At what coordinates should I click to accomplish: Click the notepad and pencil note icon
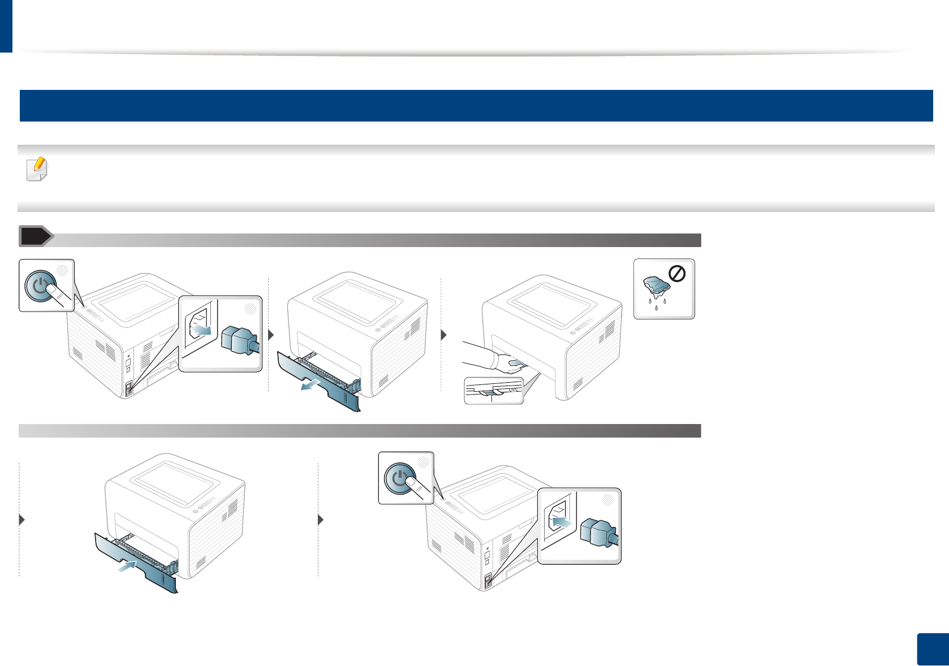37,169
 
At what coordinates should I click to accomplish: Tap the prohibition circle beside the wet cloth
677,274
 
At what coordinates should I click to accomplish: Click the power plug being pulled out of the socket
240,340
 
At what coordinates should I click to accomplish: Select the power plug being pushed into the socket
598,533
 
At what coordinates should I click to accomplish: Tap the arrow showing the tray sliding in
128,565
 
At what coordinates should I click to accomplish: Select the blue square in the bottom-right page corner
933,650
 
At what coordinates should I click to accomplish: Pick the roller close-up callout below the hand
494,391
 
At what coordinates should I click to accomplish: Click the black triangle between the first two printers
271,335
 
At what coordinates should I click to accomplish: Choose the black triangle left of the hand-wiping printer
444,335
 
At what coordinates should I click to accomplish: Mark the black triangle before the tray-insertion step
22,520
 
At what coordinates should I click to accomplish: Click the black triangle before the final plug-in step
321,520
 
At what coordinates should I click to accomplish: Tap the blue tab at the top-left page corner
6,26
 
